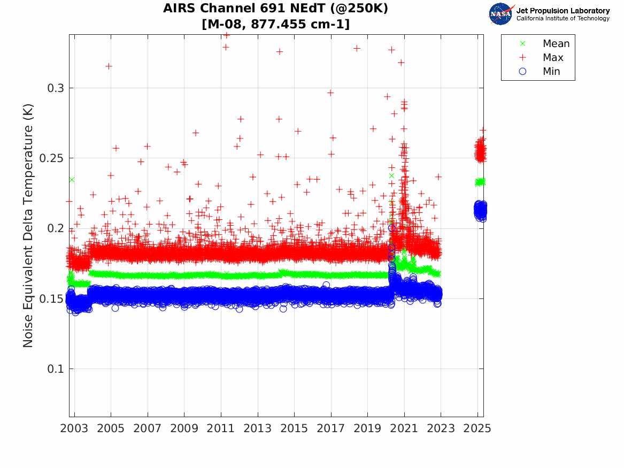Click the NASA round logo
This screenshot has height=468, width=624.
500,14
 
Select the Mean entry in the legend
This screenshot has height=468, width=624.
556,44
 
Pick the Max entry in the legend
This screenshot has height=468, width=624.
552,58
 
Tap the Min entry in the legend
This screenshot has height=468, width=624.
551,72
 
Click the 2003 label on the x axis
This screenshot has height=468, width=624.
74,428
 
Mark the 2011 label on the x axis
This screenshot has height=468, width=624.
221,428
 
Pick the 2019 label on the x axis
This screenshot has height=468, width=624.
368,428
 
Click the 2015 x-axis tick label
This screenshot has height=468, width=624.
295,428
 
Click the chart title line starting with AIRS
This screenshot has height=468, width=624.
276,9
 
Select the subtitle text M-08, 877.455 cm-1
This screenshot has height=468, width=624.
276,24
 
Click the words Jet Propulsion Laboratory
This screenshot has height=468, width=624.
563,11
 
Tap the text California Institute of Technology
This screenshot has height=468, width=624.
563,19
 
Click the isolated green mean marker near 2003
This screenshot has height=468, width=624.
72,180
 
